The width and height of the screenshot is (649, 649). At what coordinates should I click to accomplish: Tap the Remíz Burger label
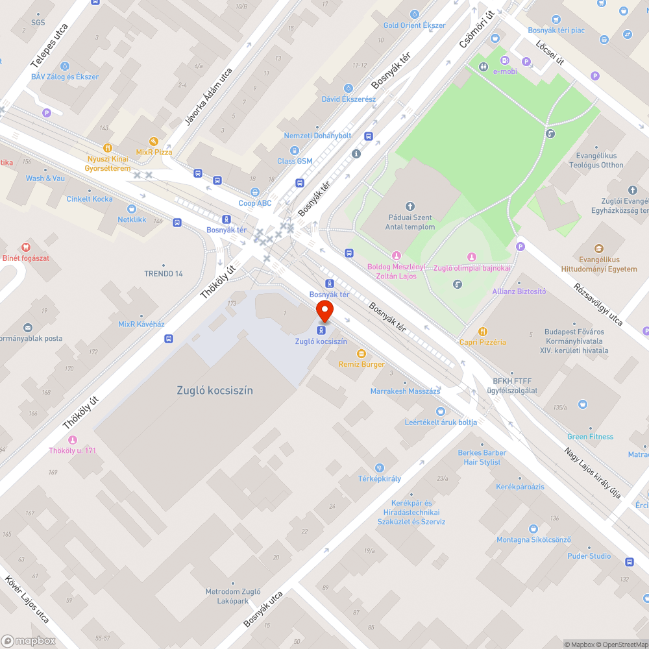click(361, 364)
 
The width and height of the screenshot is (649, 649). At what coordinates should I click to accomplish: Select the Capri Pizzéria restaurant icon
click(482, 332)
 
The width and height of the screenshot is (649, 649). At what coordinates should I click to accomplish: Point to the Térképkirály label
click(380, 478)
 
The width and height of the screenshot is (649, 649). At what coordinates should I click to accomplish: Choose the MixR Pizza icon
click(154, 141)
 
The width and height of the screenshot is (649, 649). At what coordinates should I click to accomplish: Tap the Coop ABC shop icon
click(255, 192)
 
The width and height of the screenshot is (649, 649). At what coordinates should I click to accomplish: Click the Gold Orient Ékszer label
click(414, 25)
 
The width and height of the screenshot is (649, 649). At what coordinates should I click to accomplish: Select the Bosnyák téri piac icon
click(556, 19)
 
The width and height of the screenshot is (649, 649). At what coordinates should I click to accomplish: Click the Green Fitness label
click(590, 437)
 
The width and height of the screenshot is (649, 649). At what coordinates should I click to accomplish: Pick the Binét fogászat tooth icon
click(26, 247)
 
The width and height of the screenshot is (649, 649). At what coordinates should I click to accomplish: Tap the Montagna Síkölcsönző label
click(533, 540)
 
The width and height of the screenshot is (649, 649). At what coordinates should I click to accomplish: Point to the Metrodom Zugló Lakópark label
click(233, 596)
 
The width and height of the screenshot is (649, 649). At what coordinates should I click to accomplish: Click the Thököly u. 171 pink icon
click(73, 439)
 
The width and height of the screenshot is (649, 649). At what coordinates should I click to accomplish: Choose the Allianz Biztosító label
click(519, 291)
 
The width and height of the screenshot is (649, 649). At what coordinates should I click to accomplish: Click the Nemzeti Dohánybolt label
click(317, 136)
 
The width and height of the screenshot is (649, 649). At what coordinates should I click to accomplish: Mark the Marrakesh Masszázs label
click(405, 391)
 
